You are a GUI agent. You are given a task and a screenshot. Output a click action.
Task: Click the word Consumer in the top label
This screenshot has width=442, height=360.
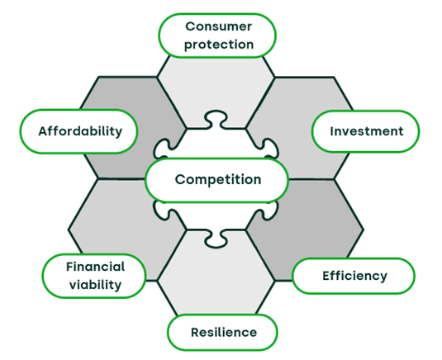point(218,26)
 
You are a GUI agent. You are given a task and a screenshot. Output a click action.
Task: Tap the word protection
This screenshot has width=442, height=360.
point(219,45)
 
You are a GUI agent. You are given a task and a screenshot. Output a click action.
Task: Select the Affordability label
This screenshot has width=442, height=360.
point(79,131)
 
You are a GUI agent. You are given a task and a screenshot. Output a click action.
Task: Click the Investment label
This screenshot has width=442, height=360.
point(366,131)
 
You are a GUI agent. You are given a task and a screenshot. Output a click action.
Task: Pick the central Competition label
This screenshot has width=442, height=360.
point(217,180)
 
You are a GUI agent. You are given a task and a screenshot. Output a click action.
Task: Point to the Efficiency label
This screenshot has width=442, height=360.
point(354,276)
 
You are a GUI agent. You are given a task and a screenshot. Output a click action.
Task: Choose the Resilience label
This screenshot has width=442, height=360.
point(223,333)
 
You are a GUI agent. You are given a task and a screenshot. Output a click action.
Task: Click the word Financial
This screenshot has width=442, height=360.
point(95,267)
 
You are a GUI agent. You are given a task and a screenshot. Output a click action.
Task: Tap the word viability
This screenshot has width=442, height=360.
point(95,285)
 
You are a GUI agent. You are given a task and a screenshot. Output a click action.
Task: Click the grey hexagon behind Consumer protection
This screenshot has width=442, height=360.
point(216,84)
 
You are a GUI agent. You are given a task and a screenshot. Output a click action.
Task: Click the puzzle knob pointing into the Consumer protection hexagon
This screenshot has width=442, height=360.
point(216,118)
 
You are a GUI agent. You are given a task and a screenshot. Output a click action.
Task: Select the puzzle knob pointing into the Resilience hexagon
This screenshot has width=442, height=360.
point(216,239)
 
